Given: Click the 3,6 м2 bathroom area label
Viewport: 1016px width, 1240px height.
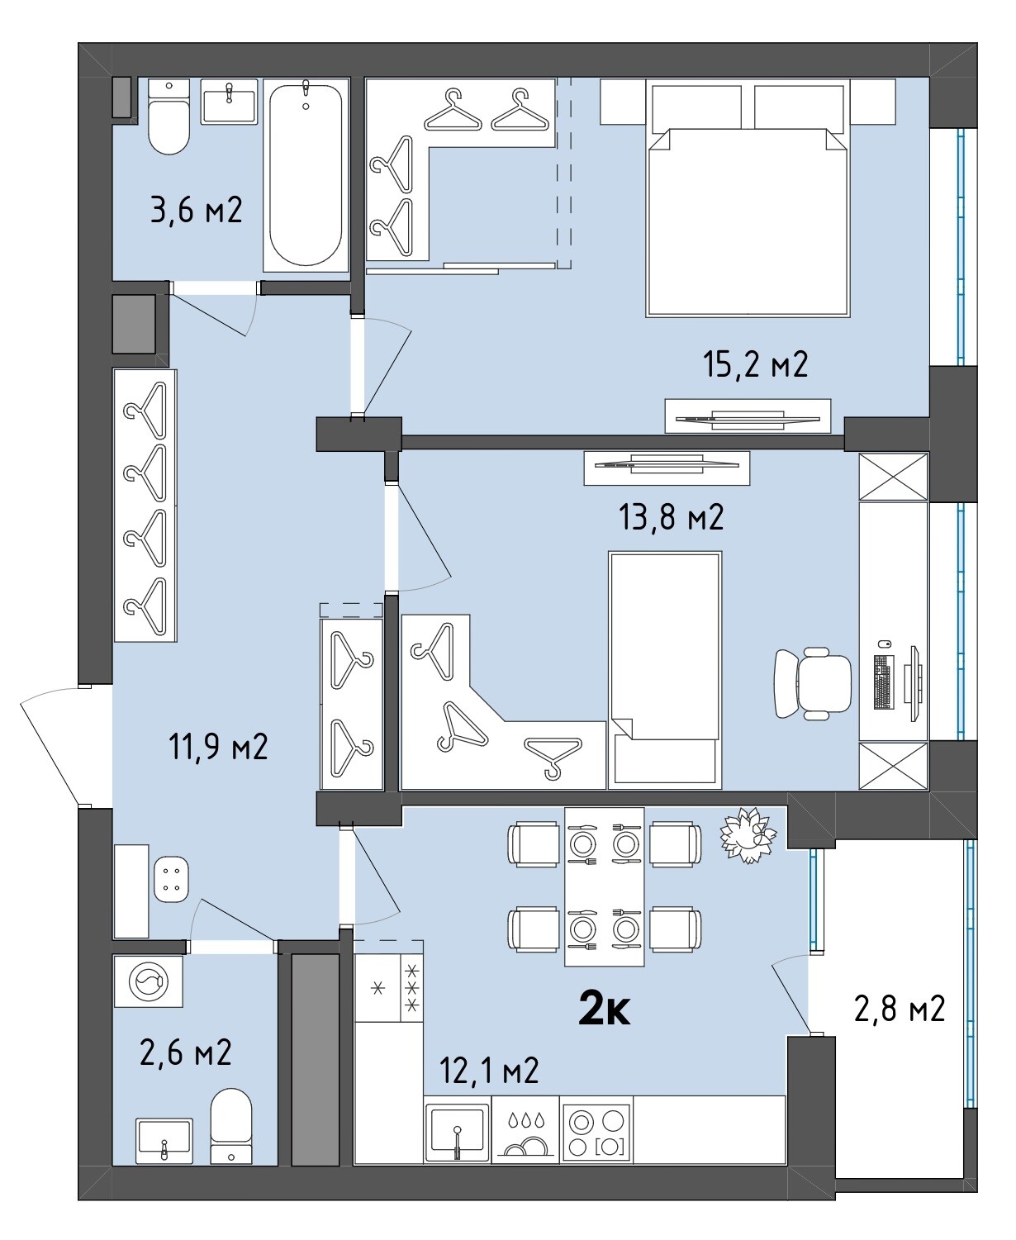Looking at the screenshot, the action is pyautogui.click(x=196, y=210).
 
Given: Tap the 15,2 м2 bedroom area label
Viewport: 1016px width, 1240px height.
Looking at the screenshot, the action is pyautogui.click(x=756, y=364).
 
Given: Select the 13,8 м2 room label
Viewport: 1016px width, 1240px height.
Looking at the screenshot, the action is pyautogui.click(x=671, y=518).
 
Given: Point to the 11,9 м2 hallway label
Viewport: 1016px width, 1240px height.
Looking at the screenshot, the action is pyautogui.click(x=218, y=747).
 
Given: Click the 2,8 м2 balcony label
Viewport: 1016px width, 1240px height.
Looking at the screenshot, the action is pyautogui.click(x=900, y=1009).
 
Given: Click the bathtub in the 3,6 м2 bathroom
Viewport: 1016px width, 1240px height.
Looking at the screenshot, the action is pyautogui.click(x=306, y=175).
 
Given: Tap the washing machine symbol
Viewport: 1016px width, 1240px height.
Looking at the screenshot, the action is pyautogui.click(x=148, y=981).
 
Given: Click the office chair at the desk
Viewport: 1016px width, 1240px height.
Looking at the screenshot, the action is pyautogui.click(x=812, y=683).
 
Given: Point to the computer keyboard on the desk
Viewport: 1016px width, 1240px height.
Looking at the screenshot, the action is pyautogui.click(x=883, y=682).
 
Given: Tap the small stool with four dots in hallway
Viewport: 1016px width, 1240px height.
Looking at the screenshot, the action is pyautogui.click(x=171, y=879).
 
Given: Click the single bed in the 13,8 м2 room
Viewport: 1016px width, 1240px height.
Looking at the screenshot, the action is pyautogui.click(x=665, y=670).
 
